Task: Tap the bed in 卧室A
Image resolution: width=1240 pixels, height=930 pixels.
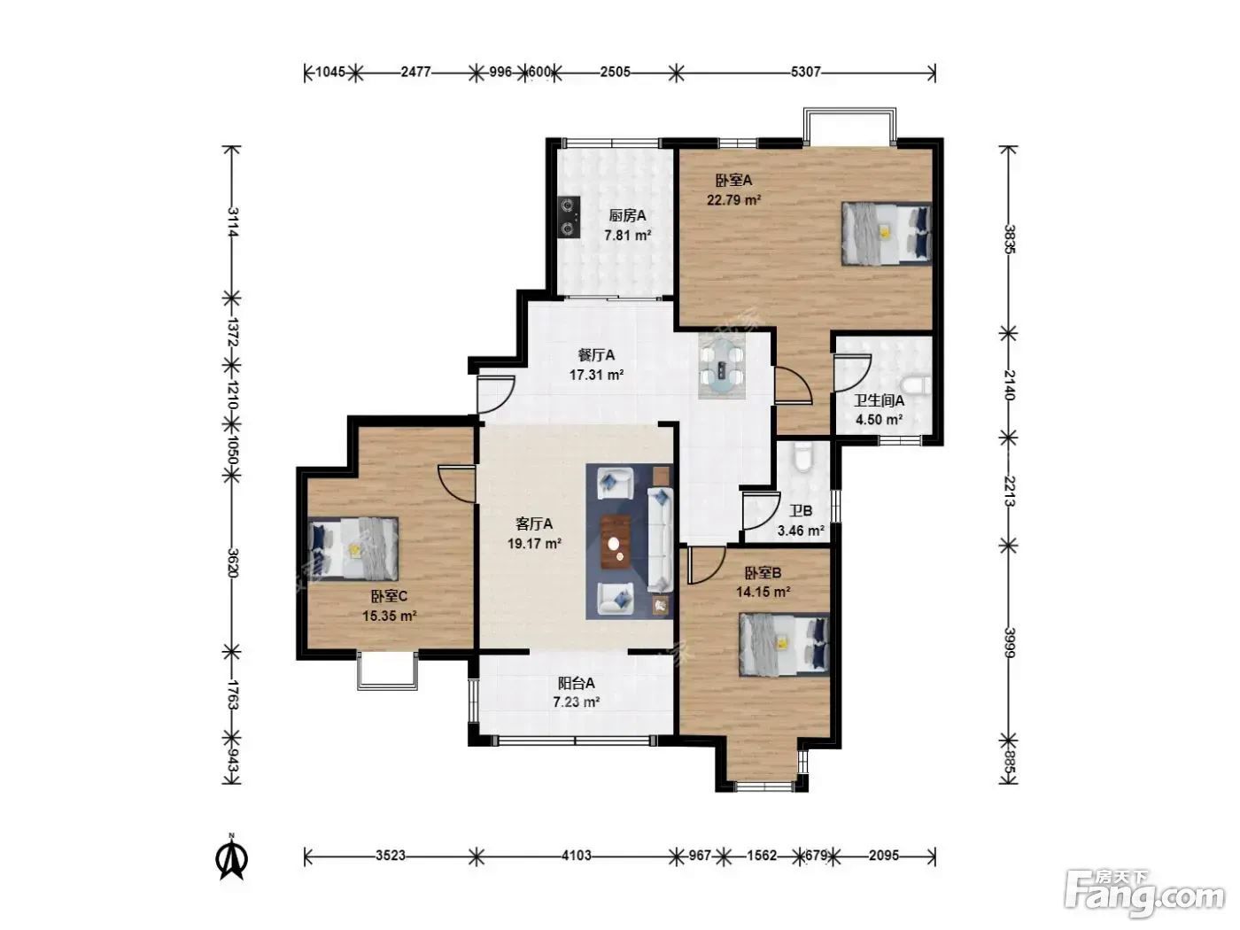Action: pyautogui.click(x=886, y=233)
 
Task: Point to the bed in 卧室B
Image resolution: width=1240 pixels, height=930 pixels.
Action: pyautogui.click(x=784, y=645)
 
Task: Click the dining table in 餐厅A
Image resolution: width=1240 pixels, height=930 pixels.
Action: pyautogui.click(x=721, y=366)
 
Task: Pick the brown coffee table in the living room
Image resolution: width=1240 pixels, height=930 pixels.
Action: pyautogui.click(x=616, y=542)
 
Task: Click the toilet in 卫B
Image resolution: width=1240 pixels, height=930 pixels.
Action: pyautogui.click(x=802, y=456)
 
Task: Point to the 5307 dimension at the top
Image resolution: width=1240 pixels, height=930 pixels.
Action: pyautogui.click(x=806, y=73)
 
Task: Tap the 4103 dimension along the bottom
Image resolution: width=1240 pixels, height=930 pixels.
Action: pyautogui.click(x=577, y=856)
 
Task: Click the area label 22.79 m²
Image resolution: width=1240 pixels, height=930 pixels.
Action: pyautogui.click(x=734, y=200)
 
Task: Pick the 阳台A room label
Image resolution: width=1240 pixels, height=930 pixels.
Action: pyautogui.click(x=577, y=683)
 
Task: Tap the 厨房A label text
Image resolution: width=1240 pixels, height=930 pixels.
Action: pyautogui.click(x=627, y=216)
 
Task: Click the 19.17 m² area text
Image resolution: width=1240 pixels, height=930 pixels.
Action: pyautogui.click(x=534, y=544)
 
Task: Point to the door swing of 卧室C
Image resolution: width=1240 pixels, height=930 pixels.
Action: pyautogui.click(x=456, y=484)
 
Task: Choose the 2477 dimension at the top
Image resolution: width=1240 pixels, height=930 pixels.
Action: pyautogui.click(x=415, y=73)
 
